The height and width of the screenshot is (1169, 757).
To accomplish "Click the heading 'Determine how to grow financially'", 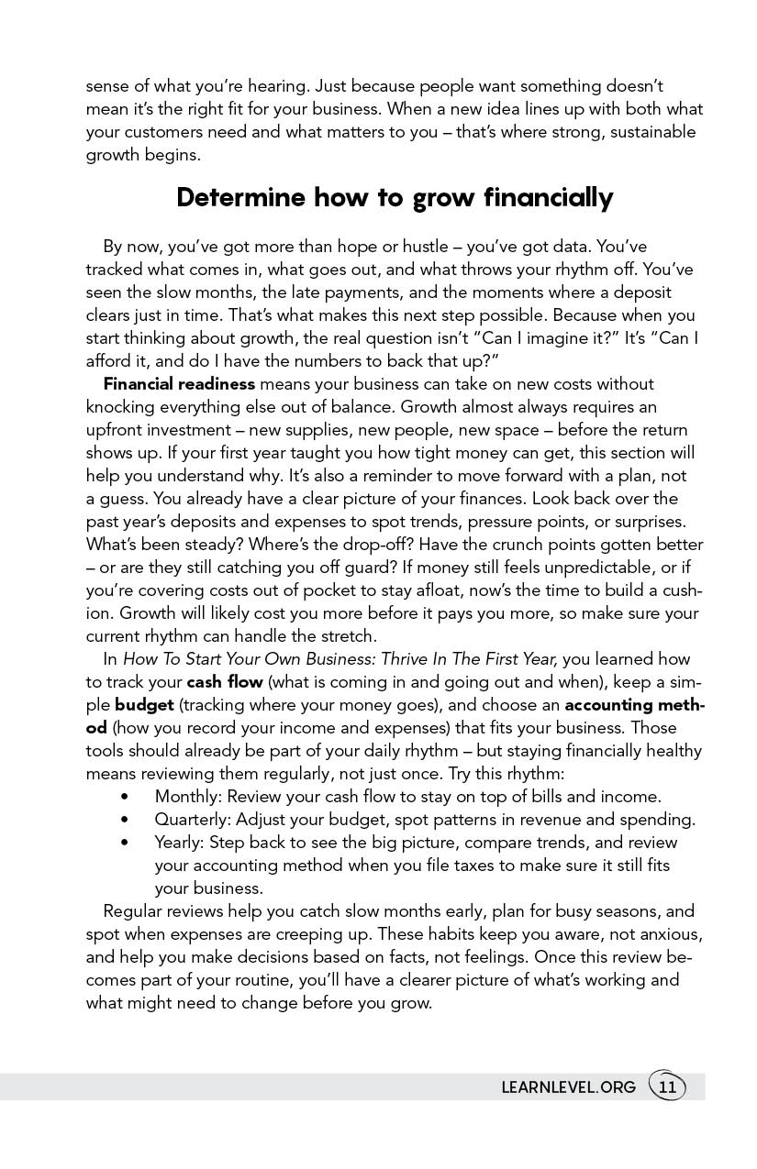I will click(395, 198).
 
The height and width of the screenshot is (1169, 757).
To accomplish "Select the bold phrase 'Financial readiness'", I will click(179, 384).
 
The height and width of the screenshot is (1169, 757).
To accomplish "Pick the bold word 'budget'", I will click(144, 705).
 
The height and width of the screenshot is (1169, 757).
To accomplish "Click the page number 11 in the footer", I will click(667, 1087).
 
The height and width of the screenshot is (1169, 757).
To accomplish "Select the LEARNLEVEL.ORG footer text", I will click(569, 1087).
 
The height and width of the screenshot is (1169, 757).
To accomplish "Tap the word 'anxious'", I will click(673, 934).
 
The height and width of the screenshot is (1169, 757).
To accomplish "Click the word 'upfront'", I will click(115, 430).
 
